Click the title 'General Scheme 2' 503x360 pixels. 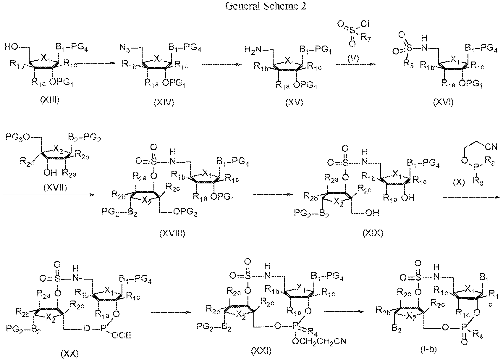tap(265, 6)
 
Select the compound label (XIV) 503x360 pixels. tap(164, 102)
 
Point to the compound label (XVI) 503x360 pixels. tap(444, 102)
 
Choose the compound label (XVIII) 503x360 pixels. tap(172, 234)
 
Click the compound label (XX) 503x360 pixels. tap(70, 353)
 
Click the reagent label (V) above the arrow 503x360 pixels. tap(353, 59)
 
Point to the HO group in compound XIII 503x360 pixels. tap(11, 46)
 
